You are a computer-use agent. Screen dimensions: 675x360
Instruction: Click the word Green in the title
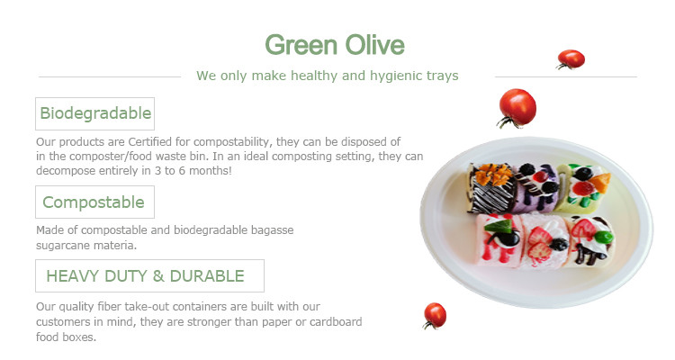click(x=301, y=45)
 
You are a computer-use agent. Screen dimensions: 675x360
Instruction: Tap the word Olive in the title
click(x=375, y=44)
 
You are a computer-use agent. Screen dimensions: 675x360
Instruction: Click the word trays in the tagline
click(x=443, y=76)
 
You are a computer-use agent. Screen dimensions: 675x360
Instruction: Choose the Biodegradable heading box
click(x=95, y=113)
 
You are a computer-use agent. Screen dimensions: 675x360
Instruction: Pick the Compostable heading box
click(x=94, y=202)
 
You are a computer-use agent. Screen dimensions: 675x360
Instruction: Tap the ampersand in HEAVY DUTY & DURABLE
click(x=158, y=276)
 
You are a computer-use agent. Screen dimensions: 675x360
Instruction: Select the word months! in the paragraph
click(x=211, y=170)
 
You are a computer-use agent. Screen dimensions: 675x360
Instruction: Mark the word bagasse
click(x=273, y=230)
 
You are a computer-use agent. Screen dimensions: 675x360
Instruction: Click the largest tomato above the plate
click(x=517, y=108)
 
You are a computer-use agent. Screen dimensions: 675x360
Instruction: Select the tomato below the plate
click(x=435, y=316)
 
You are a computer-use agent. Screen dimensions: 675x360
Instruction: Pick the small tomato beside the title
click(x=571, y=59)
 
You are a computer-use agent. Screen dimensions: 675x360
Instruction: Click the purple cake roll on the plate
click(x=535, y=188)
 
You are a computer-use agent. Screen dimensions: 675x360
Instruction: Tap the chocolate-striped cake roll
click(x=491, y=188)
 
